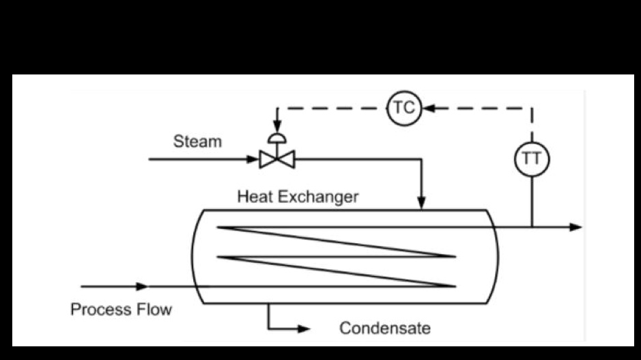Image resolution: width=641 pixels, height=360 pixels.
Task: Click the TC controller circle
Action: [404, 108]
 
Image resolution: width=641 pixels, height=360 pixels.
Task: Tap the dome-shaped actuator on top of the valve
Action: [277, 139]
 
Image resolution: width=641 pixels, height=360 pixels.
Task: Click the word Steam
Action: [197, 142]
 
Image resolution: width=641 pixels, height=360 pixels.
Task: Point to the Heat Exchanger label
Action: [298, 197]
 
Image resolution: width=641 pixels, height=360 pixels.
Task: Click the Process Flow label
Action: [121, 309]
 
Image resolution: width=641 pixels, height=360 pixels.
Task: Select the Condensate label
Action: [385, 328]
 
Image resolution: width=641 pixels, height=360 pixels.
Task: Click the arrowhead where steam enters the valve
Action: [253, 160]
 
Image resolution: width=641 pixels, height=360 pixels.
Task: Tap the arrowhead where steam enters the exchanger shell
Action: [422, 203]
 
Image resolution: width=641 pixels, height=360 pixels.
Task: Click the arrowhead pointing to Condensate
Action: [303, 329]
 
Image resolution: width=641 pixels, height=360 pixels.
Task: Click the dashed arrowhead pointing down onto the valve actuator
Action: [277, 128]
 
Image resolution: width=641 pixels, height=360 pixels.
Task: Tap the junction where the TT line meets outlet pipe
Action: [531, 227]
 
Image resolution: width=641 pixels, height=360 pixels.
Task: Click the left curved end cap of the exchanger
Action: [195, 256]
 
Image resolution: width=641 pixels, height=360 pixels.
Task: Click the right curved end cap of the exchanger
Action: [495, 256]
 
